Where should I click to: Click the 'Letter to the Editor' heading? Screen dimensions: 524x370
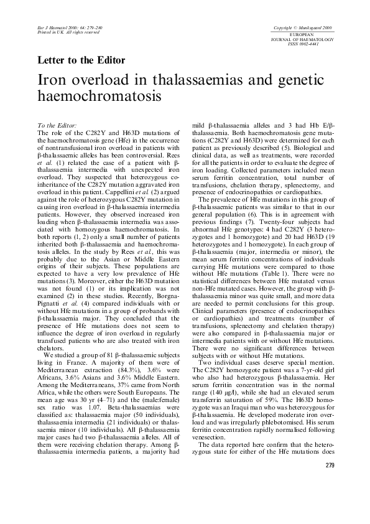pyautogui.click(x=81, y=61)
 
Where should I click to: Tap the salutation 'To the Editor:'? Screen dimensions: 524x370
pyautogui.click(x=57, y=126)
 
